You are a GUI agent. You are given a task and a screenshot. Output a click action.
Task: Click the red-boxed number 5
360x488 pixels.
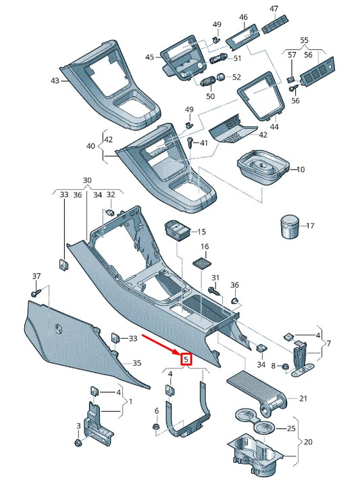tap(187, 360)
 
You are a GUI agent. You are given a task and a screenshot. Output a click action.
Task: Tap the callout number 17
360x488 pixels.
tap(310, 226)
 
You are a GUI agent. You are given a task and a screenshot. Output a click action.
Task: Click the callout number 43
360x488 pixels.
tap(55, 80)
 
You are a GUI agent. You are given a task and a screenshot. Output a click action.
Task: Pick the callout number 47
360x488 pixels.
tap(274, 9)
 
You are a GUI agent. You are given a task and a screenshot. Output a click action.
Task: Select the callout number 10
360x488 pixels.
tap(301, 169)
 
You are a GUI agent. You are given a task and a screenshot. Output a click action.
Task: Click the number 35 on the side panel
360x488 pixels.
tap(136, 364)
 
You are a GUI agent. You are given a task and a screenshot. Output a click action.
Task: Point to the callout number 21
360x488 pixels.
tap(303, 398)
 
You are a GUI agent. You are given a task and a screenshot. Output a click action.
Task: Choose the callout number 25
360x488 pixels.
tap(291, 429)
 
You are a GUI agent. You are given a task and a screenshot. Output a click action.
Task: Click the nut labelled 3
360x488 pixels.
tap(78, 443)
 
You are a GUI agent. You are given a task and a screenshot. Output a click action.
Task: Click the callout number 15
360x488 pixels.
tap(201, 232)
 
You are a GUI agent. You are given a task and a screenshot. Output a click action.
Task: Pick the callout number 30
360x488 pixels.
tap(87, 180)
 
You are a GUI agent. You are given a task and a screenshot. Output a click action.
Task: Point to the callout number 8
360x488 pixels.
tap(274, 366)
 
